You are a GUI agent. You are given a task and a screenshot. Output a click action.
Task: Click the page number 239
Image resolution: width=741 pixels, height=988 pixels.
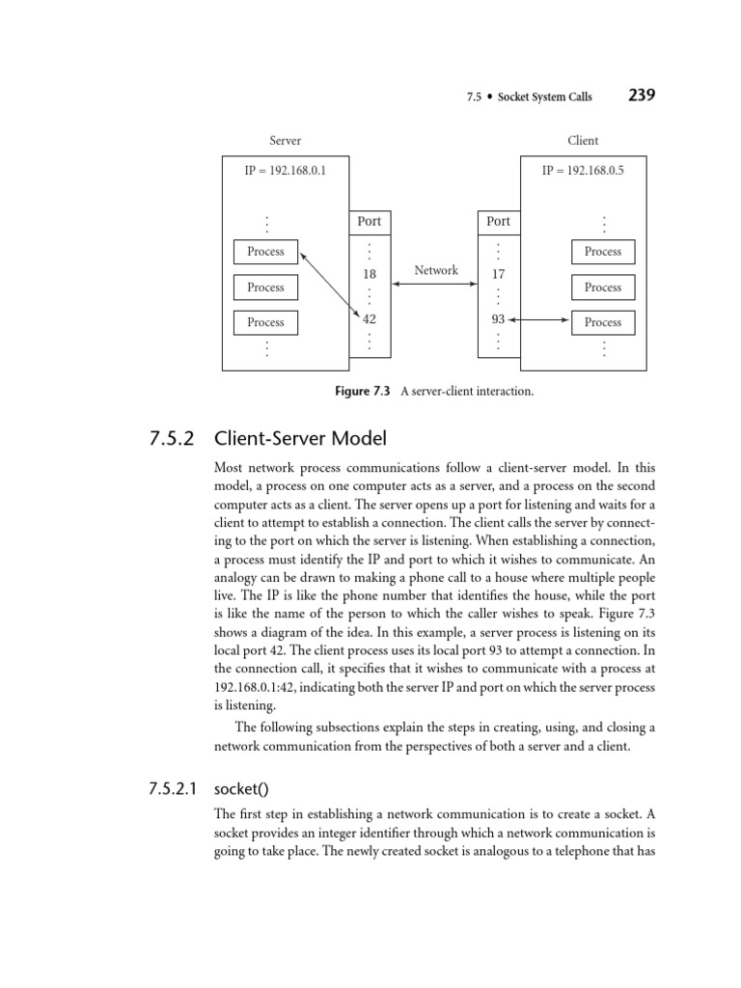click(642, 96)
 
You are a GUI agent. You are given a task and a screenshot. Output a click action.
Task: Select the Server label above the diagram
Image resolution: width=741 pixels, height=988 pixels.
click(286, 141)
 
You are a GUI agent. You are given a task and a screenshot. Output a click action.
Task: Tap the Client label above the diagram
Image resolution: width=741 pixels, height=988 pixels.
click(583, 141)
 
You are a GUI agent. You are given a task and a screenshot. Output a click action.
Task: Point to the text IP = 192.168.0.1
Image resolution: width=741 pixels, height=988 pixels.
click(285, 170)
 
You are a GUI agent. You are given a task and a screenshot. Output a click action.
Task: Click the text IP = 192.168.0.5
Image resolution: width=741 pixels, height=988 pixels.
click(583, 170)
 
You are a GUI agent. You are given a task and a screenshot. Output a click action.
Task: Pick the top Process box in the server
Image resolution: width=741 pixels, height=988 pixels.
click(265, 252)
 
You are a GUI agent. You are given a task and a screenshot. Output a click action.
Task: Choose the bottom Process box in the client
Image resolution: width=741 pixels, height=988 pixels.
click(603, 322)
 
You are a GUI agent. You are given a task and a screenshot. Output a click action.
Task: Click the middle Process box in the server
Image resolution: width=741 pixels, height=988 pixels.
click(265, 288)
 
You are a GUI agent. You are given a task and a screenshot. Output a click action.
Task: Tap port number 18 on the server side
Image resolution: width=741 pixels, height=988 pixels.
click(370, 274)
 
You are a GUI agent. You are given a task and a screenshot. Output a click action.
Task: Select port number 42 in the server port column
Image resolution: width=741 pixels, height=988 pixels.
click(370, 319)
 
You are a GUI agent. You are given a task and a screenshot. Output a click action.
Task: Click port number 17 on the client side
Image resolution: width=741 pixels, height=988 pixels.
click(499, 274)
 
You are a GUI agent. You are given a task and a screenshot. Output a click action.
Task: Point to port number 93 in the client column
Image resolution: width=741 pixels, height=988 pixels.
click(499, 319)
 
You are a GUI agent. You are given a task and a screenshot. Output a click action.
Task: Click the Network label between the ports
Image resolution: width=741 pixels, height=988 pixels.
click(436, 270)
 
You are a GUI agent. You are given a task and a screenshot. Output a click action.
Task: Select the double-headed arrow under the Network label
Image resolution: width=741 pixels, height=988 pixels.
click(435, 285)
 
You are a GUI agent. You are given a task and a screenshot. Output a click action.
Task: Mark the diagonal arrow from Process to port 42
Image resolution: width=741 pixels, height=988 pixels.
click(330, 285)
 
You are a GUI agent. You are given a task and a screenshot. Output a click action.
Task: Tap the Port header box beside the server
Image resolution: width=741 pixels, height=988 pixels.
click(370, 223)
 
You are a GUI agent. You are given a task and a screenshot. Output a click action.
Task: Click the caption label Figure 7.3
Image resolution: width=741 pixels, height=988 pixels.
click(363, 392)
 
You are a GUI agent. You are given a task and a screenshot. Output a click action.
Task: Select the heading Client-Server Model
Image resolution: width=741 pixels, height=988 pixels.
click(301, 438)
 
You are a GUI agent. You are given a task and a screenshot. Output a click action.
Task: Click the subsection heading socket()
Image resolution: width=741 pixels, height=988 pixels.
click(242, 789)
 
